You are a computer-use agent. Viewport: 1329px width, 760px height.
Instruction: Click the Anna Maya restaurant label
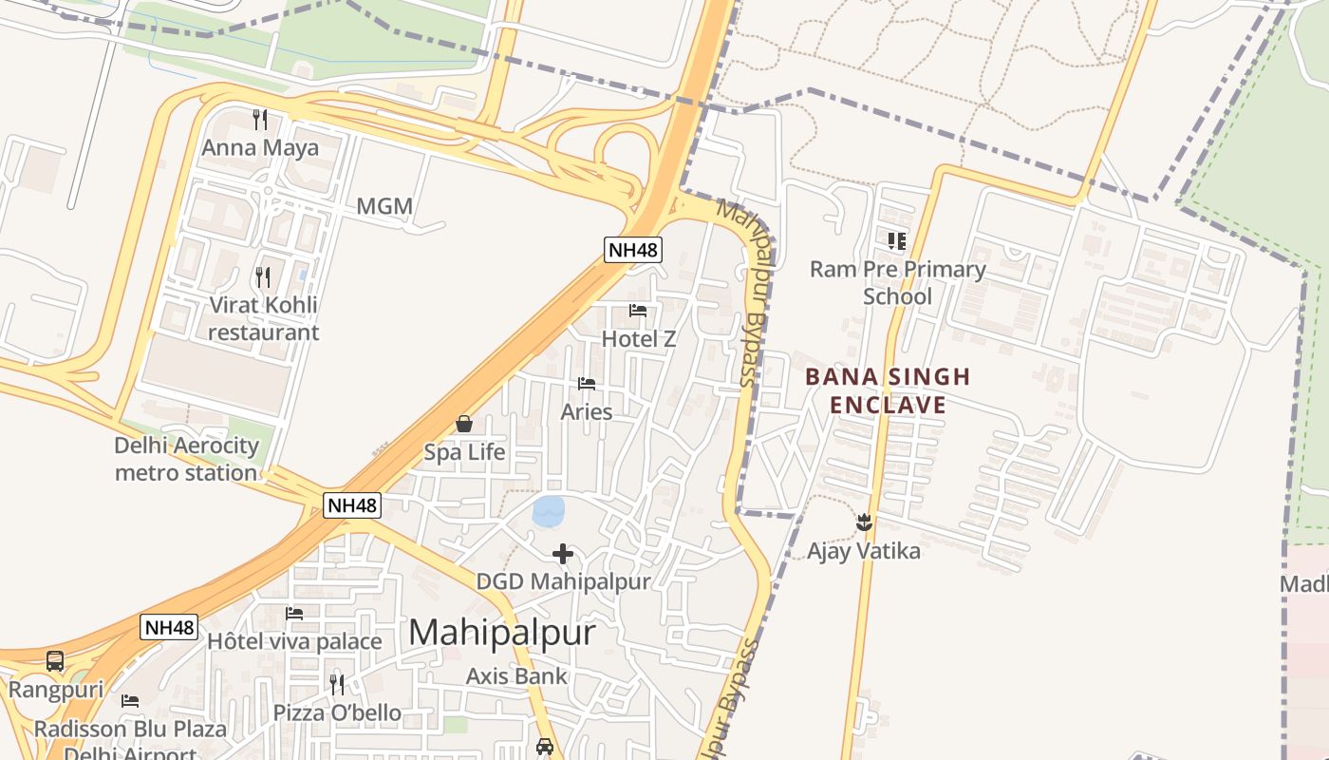pos(260,149)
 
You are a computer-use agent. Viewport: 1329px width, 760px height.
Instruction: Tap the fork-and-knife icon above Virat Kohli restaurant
pos(263,277)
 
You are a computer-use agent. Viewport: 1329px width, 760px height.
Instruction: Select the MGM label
pos(384,206)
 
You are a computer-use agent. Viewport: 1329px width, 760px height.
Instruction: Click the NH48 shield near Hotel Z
pos(633,250)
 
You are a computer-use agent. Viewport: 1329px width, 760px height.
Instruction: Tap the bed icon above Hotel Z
pos(638,311)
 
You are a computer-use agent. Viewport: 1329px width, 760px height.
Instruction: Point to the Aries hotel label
pos(587,412)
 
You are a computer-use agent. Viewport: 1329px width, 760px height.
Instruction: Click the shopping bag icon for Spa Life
pos(464,424)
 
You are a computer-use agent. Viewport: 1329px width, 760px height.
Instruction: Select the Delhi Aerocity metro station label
pos(186,459)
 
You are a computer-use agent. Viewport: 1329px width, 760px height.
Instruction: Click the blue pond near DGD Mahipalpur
pos(549,511)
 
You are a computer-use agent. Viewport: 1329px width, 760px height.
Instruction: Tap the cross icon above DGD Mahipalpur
pos(563,554)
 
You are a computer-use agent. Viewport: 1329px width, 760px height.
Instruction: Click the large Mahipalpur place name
pos(502,633)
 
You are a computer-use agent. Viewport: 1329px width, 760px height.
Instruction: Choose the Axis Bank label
pos(516,676)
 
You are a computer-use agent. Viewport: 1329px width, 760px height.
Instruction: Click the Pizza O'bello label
pos(337,712)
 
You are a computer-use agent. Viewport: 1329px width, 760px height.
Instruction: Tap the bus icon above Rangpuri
pos(55,661)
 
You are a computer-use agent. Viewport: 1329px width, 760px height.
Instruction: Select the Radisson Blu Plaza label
pos(130,730)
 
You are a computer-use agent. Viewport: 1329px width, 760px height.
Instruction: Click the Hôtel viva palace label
pos(294,641)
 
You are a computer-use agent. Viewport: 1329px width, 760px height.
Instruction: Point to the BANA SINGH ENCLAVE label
pos(888,390)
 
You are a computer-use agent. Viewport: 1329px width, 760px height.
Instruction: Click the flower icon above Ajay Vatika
pos(864,522)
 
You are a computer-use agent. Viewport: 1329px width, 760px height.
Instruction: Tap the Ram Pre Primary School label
pos(897,282)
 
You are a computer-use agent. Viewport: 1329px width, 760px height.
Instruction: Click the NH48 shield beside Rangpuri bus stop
pos(169,627)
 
